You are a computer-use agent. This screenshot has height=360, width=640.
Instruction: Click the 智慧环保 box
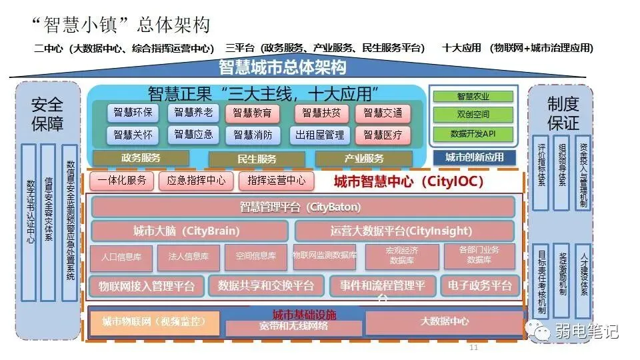tap(133, 113)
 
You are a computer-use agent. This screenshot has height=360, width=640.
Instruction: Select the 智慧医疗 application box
tap(383, 135)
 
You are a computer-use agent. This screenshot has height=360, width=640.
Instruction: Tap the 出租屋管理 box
tap(320, 135)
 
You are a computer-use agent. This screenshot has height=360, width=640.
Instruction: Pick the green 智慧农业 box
tap(473, 97)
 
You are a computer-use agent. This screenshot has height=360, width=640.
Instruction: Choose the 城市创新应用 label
tap(474, 157)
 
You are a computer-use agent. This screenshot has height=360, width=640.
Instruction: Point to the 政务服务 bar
tap(141, 158)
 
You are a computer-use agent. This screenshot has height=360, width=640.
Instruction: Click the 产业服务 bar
tap(364, 159)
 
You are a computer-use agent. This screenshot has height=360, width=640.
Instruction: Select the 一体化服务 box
tap(121, 181)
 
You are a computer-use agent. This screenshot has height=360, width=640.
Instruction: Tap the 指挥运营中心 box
tap(277, 181)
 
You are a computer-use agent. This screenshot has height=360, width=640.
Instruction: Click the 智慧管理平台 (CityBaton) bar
tap(303, 207)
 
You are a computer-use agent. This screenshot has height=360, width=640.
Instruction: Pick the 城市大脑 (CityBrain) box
tap(189, 232)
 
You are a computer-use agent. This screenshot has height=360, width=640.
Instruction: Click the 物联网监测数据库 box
tap(325, 257)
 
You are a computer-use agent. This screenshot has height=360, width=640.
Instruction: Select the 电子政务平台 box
tap(480, 286)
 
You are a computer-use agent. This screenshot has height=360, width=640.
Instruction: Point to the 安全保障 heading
tap(47, 114)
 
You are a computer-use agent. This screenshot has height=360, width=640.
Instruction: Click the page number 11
tap(474, 348)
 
